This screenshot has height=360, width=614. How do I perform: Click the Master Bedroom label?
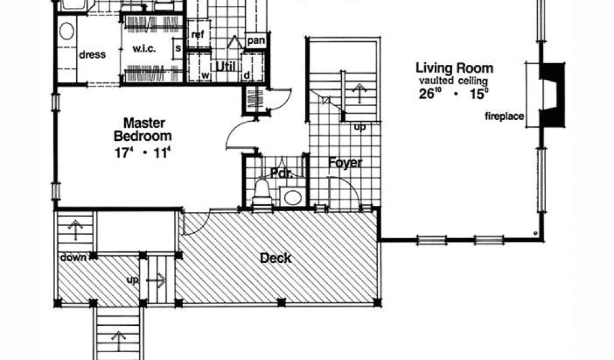(143, 129)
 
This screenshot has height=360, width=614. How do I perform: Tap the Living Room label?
(455, 68)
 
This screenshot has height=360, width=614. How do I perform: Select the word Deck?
(276, 258)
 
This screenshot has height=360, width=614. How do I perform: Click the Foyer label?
(345, 163)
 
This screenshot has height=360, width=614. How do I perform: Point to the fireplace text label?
(504, 116)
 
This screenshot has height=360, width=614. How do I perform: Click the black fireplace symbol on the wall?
(552, 94)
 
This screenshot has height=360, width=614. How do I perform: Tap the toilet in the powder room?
(262, 193)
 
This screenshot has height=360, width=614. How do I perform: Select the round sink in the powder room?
(293, 197)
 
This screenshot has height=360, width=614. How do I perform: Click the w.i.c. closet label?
(144, 49)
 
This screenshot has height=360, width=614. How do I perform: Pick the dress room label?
(92, 55)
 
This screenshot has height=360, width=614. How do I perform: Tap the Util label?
(226, 67)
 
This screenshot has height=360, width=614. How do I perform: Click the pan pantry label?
(256, 40)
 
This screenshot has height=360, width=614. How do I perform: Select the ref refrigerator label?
(198, 34)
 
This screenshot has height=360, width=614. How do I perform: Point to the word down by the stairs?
(73, 257)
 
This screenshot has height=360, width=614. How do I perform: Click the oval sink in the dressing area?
(67, 31)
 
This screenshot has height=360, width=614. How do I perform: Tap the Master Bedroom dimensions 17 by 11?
(143, 152)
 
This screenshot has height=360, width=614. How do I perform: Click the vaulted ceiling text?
(453, 81)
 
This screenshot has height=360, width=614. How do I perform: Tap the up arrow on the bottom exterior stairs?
(118, 341)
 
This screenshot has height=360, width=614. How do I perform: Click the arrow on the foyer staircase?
(359, 92)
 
